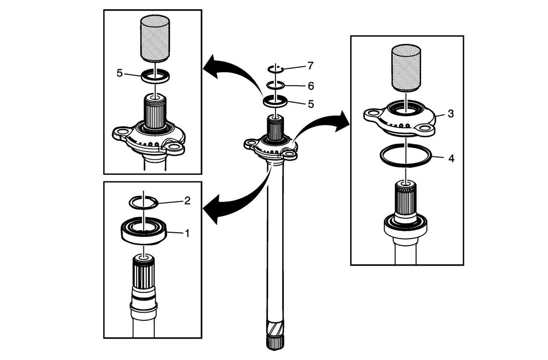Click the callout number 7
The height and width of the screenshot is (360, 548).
click(x=310, y=66)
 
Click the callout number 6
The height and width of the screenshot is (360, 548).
click(x=311, y=86)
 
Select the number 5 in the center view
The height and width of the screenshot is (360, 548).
click(x=311, y=104)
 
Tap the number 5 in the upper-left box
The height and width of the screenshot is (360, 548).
click(x=119, y=73)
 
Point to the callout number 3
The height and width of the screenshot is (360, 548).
click(x=451, y=114)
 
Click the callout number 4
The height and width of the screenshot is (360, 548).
click(x=451, y=158)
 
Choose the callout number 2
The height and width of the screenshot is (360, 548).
click(x=187, y=201)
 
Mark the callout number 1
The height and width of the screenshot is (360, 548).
click(x=187, y=233)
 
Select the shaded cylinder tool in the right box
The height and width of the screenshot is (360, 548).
click(x=406, y=68)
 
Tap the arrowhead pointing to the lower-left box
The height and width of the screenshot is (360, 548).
click(x=211, y=208)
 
